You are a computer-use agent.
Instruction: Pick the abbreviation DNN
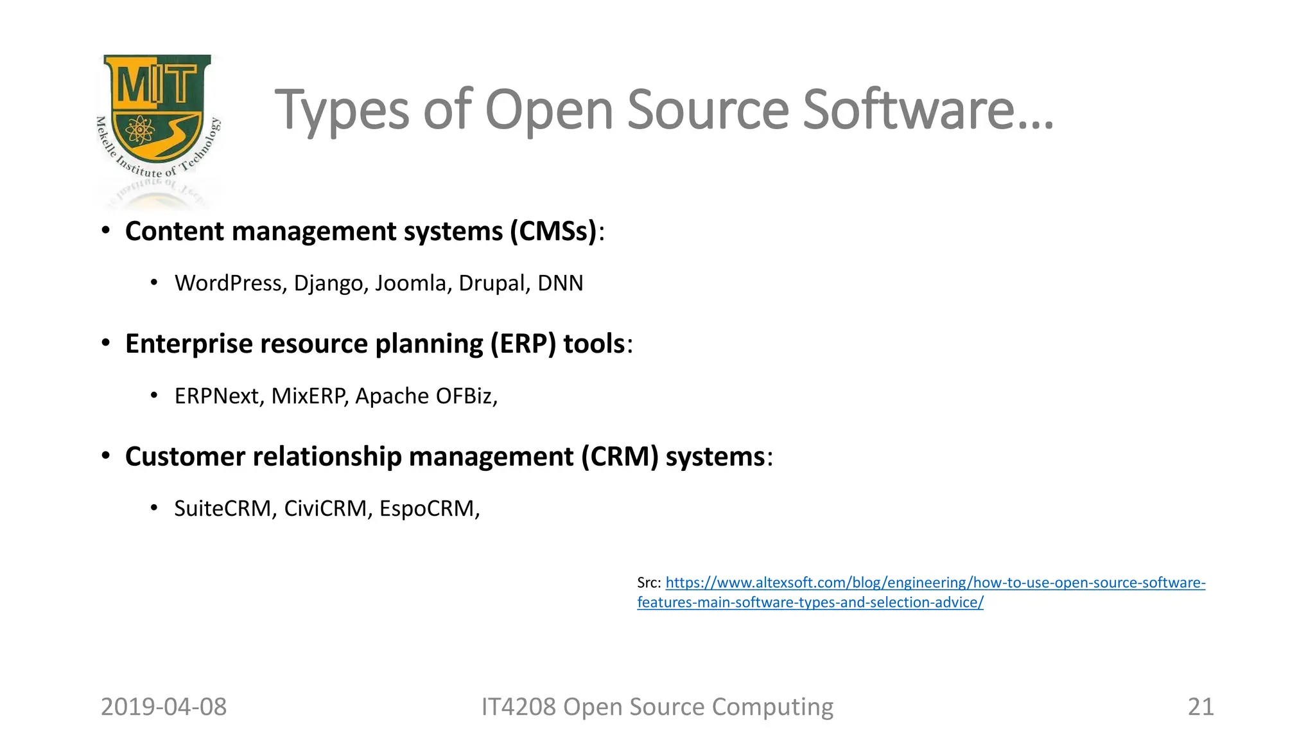561,283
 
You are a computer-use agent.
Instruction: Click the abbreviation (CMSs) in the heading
553,231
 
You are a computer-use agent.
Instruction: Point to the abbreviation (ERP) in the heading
523,344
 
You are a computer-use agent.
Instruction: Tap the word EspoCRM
429,509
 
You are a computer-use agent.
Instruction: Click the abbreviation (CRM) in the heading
620,457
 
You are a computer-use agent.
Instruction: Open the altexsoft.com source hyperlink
935,583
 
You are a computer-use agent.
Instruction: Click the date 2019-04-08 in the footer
164,707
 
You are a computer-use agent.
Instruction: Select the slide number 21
1201,707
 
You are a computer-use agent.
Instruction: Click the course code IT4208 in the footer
519,707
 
